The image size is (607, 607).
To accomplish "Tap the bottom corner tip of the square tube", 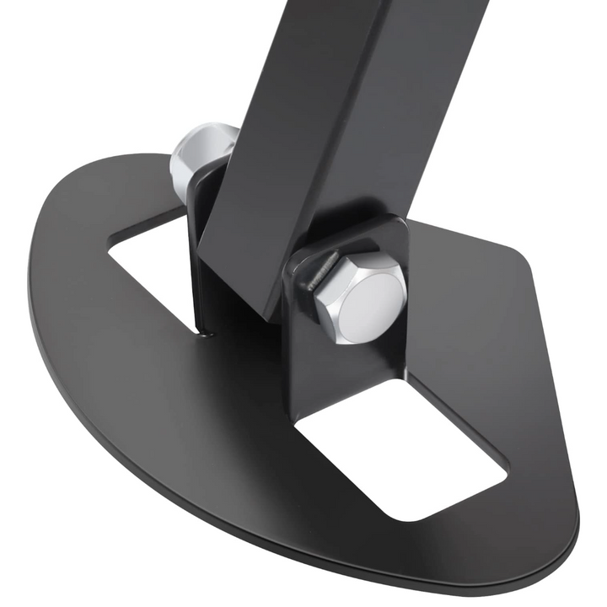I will [269, 319].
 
